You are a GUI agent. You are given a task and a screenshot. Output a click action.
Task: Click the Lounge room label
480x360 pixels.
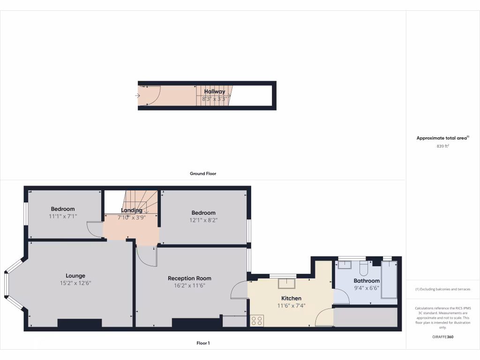tap(75, 276)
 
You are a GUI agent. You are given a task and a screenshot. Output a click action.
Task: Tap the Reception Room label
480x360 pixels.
tap(189, 278)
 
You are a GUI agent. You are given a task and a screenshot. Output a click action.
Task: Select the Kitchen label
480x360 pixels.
tap(291, 298)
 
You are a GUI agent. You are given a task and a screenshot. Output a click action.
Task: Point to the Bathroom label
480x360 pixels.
tap(367, 281)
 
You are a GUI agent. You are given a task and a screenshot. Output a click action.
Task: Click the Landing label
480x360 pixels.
tap(131, 210)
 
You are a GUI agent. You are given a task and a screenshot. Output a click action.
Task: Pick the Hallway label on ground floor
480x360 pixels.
tap(215, 91)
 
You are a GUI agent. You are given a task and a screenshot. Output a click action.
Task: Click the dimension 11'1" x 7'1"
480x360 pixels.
tap(62, 216)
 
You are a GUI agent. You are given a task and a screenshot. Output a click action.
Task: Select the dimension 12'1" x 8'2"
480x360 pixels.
tap(203, 220)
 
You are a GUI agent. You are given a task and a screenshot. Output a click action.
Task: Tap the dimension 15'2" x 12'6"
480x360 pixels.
tap(75, 283)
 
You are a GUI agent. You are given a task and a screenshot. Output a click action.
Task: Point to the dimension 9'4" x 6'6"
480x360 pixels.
tap(367, 288)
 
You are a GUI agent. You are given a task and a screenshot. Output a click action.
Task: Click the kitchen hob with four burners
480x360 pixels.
tap(257, 321)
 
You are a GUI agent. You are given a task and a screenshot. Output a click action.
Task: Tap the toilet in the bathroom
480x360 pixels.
tap(364, 268)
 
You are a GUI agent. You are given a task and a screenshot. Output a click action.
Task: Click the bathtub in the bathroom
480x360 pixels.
tap(389, 280)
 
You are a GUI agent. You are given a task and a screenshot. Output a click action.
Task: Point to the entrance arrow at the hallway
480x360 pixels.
tap(138, 96)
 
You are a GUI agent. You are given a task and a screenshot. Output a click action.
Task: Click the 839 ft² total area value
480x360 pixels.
tap(442, 146)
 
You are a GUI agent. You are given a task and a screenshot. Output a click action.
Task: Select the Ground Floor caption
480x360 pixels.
tap(203, 173)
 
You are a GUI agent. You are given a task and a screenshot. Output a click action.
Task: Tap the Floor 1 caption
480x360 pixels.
tap(203, 343)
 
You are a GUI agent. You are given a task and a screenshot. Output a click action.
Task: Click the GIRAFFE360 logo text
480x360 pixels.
tap(442, 337)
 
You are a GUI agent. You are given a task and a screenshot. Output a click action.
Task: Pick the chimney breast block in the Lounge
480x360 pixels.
tap(80, 323)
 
